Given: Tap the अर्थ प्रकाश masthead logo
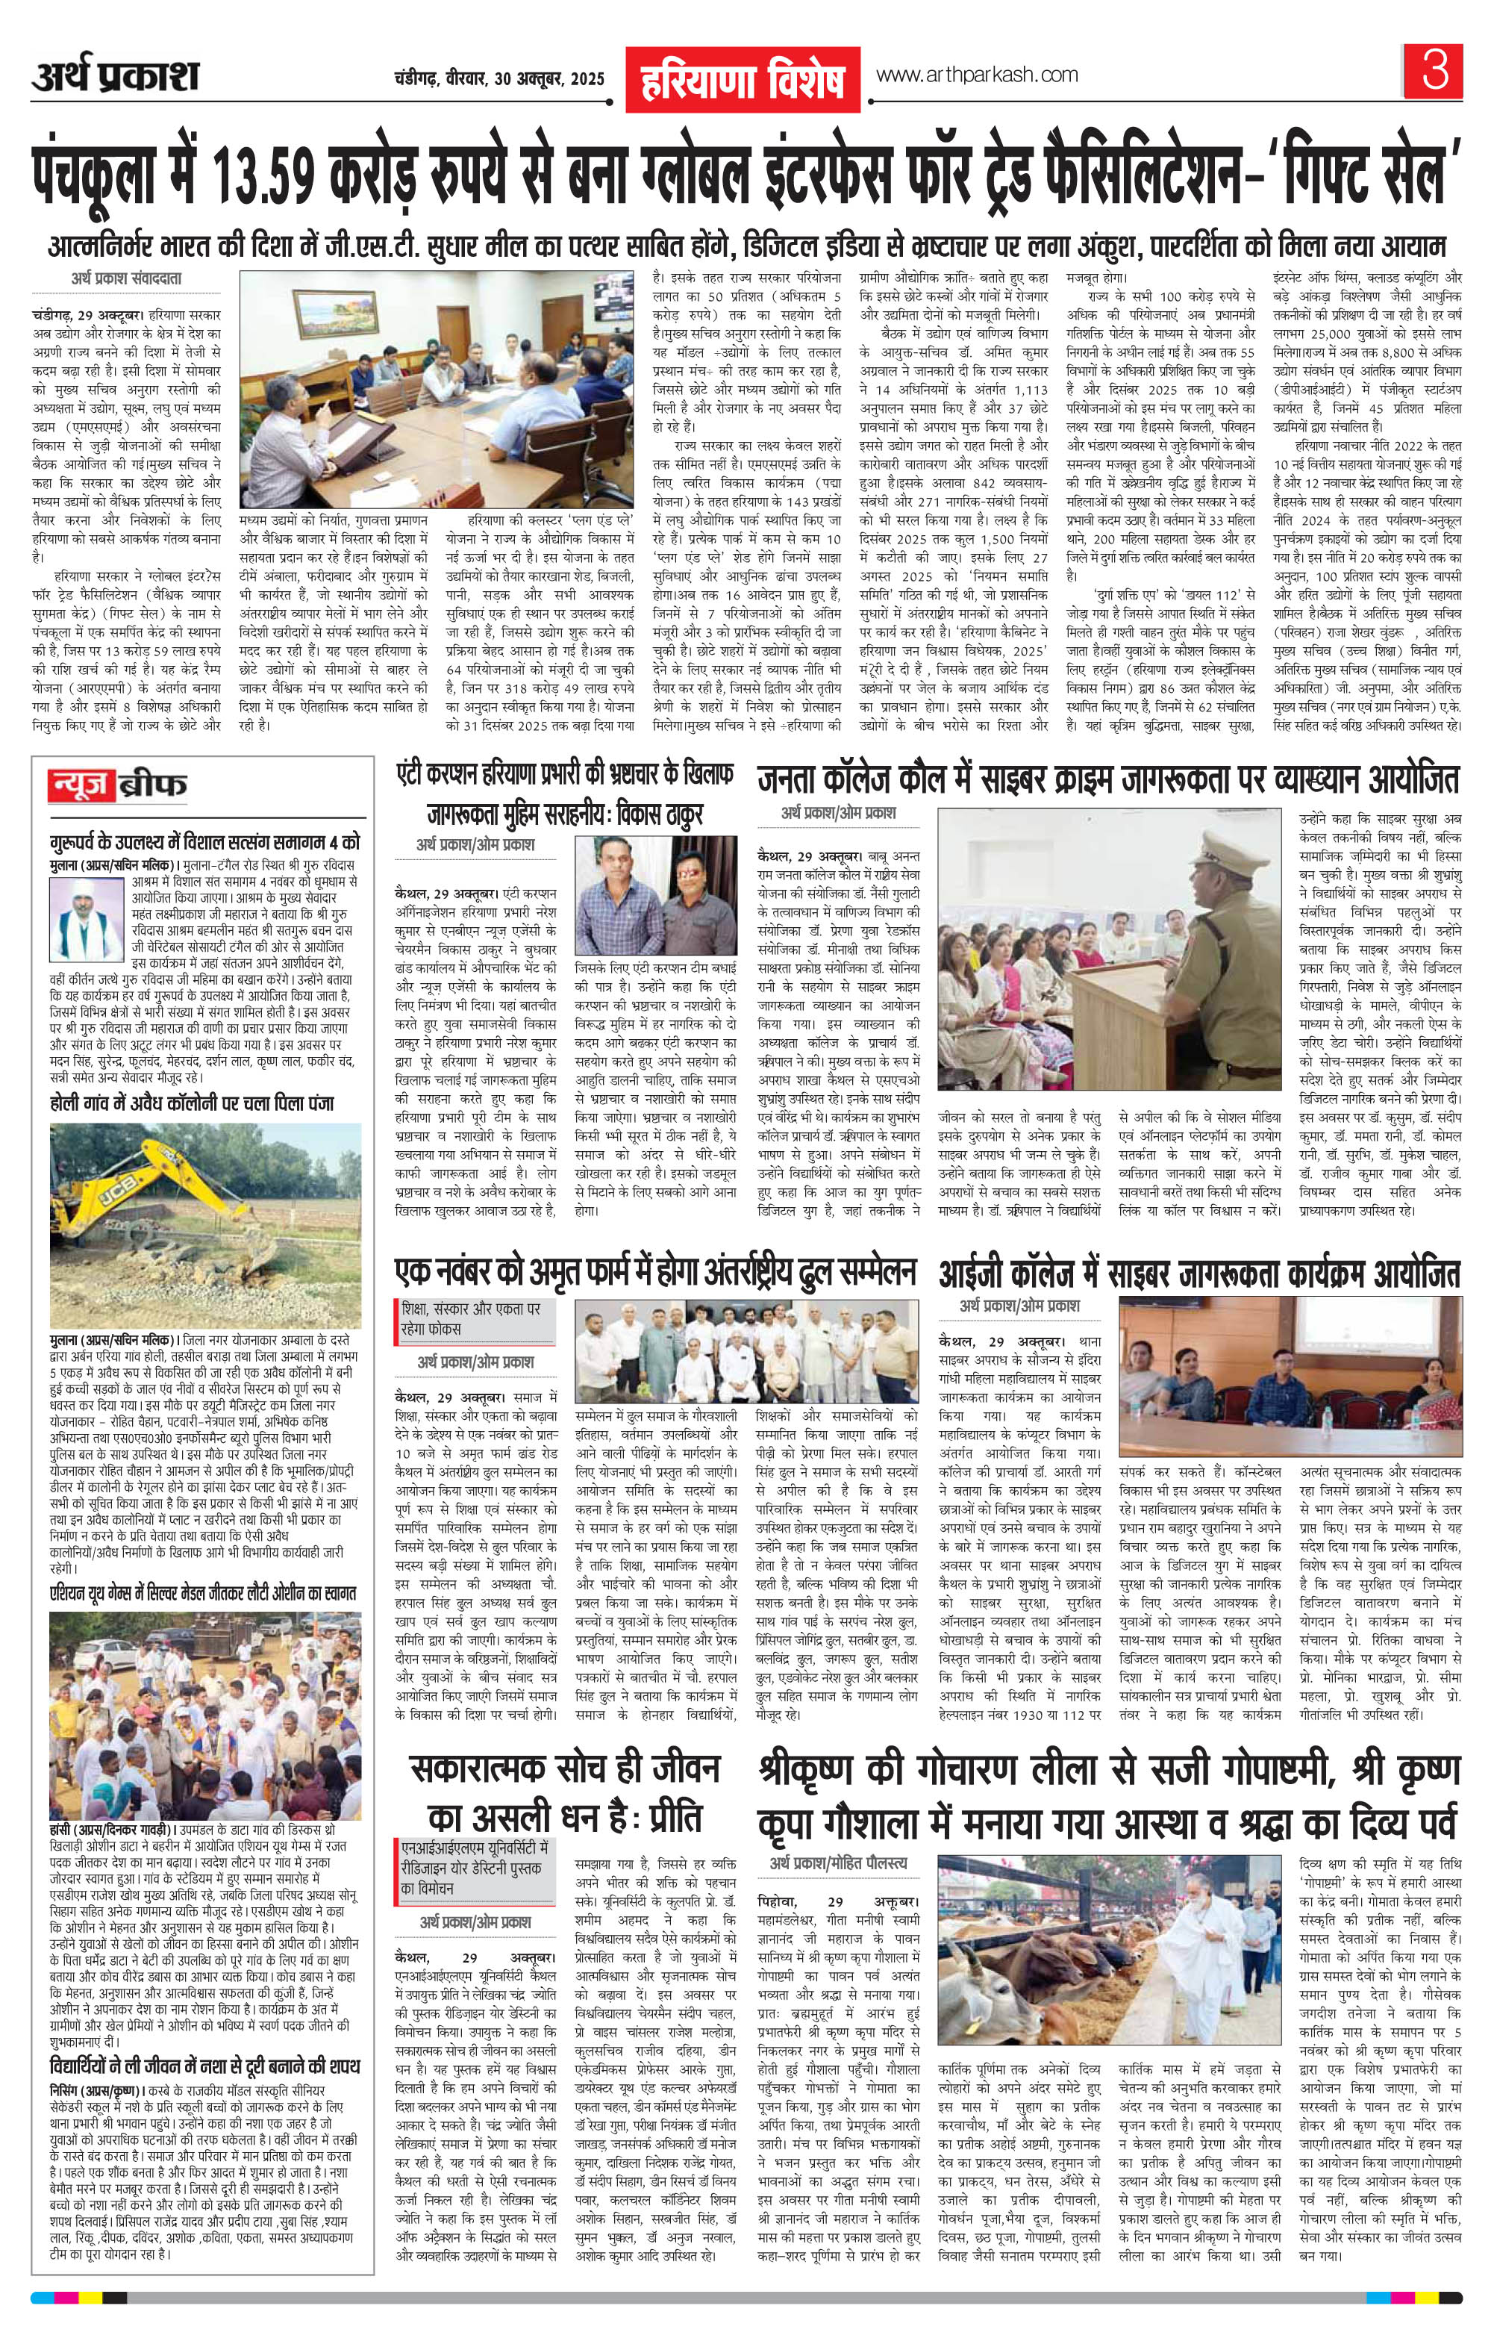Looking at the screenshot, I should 115,76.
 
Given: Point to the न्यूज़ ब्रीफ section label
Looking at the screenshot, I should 120,784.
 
